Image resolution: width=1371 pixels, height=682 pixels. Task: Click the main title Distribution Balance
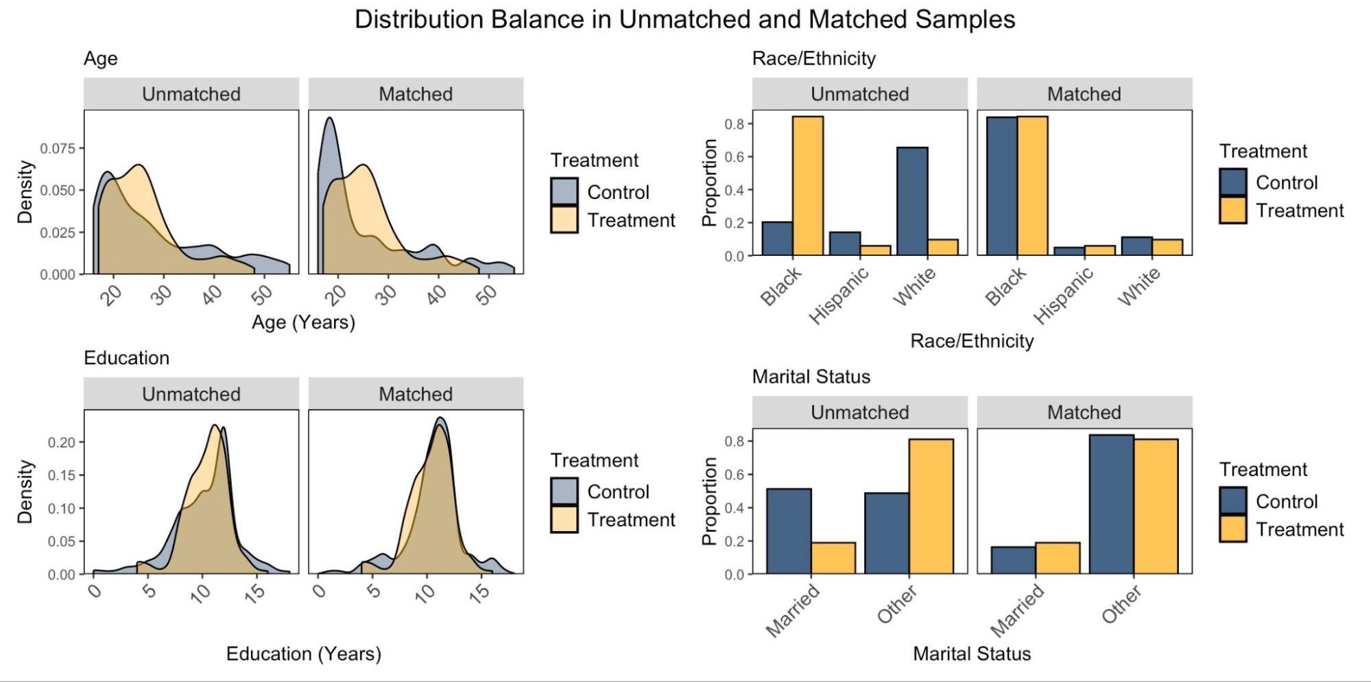[684, 19]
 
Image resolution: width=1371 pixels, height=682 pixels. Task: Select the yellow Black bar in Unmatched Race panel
[808, 186]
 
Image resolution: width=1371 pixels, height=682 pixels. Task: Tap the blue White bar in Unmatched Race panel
[912, 201]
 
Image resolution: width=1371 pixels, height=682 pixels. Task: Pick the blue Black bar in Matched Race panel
[1001, 186]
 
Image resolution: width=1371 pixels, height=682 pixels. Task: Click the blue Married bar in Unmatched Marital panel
[789, 531]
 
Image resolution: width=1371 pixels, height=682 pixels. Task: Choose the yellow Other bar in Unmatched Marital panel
[931, 506]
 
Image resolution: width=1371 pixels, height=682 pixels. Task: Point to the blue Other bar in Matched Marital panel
[1111, 504]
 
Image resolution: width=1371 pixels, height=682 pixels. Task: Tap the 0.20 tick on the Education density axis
[62, 443]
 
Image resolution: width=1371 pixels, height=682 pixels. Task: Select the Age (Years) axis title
[303, 322]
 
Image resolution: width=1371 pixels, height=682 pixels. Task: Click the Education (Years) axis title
[303, 654]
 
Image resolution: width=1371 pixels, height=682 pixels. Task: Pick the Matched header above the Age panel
[416, 94]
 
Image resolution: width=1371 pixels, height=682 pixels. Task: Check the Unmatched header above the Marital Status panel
[859, 412]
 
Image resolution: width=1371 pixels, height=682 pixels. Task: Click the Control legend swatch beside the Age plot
[564, 191]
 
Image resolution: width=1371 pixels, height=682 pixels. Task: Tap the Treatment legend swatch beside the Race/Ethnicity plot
[1232, 211]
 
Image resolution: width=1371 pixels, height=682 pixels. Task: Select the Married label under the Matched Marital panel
[1017, 611]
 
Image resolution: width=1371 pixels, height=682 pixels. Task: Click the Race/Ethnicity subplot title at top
[813, 58]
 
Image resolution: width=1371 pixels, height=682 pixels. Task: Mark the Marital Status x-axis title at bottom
[971, 654]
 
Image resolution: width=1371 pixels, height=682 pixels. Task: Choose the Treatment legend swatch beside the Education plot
[564, 520]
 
